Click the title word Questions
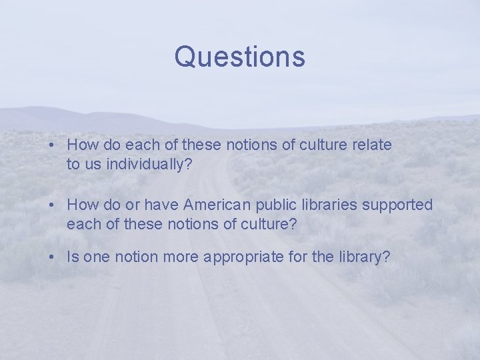pos(239,57)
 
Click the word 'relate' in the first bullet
pos(373,144)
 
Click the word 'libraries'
pos(329,204)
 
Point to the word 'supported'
pos(397,204)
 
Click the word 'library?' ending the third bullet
pos(363,257)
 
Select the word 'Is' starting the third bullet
pos(73,257)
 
